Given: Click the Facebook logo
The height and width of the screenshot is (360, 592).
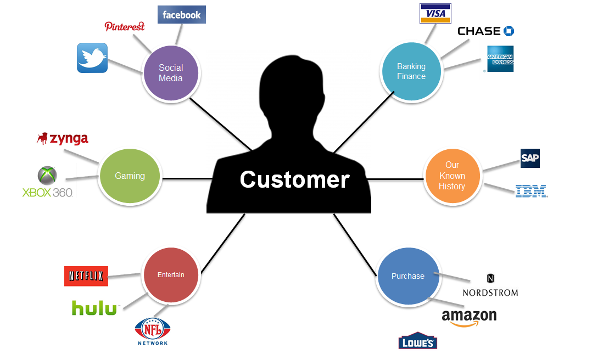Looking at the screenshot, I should (x=181, y=15).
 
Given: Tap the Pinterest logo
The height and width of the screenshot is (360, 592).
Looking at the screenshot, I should (x=125, y=26).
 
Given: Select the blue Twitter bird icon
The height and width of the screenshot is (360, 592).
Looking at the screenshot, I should (x=92, y=58).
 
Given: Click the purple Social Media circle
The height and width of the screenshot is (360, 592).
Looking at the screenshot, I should (x=171, y=73).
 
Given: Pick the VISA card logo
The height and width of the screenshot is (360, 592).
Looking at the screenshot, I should (x=435, y=14).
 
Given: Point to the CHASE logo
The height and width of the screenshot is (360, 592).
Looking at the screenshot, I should (x=485, y=31).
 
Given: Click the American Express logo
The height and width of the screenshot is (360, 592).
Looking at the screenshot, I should (x=500, y=59).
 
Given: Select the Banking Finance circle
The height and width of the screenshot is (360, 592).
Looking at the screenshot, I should (x=411, y=71).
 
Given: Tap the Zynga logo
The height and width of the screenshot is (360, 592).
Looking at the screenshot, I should (x=63, y=138).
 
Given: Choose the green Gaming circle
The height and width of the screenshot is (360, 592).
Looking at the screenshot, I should (x=130, y=176).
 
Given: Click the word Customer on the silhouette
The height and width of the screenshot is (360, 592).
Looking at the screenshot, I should (x=294, y=179).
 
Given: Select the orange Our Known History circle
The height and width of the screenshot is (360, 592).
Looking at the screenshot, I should (x=452, y=176).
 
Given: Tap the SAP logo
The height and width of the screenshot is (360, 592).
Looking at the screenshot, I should (x=530, y=159).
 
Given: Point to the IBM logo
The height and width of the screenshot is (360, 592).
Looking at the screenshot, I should (x=531, y=192).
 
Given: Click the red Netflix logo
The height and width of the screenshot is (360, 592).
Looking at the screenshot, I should (x=86, y=276).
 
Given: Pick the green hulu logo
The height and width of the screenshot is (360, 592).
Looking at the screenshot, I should (x=95, y=308).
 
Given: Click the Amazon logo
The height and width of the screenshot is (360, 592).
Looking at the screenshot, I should (x=469, y=317).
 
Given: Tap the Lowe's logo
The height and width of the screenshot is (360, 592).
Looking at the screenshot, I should (x=417, y=341).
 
